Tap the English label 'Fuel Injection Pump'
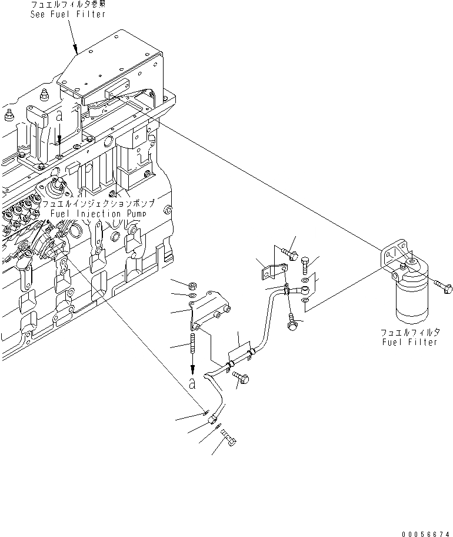[98, 214]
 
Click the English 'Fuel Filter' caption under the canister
[410, 342]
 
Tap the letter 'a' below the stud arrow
[193, 383]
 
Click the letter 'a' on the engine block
[59, 117]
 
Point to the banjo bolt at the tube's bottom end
[229, 438]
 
